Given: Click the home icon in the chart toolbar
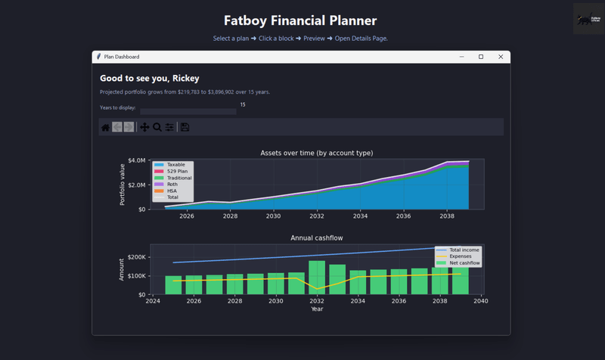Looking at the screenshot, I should (105, 127).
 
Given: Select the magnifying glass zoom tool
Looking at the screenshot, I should (157, 127).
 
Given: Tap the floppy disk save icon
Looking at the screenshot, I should (185, 127).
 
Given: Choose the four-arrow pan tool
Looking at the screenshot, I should (144, 127).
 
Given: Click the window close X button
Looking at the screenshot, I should (501, 57).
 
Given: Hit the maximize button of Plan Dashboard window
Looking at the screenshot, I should (481, 57).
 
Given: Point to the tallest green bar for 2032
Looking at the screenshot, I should (317, 278).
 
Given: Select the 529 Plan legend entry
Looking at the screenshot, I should (177, 171).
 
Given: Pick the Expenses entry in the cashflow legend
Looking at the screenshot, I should (460, 256).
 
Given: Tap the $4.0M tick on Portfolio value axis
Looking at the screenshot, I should (136, 160).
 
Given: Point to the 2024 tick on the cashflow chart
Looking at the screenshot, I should (153, 301).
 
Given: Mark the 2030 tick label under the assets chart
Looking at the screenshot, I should (273, 216).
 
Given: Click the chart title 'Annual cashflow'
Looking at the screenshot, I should (316, 238).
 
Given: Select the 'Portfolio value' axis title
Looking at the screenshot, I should (123, 185).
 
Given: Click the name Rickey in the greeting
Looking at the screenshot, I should (185, 78).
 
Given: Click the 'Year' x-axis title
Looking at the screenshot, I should (317, 309).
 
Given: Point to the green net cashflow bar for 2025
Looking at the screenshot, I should (174, 285).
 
